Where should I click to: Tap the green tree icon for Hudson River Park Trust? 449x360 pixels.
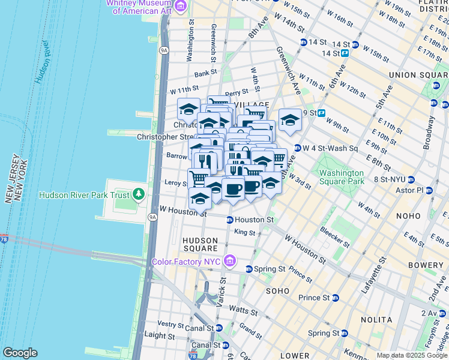[139, 194]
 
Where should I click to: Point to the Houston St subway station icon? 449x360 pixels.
[229, 220]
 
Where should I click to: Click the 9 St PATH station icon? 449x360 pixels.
[321, 113]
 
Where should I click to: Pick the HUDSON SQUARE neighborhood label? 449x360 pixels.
[199, 244]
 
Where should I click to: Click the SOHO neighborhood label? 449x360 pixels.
[278, 290]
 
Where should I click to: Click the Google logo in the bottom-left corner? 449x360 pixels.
[20, 353]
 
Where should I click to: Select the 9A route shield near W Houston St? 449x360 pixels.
[152, 217]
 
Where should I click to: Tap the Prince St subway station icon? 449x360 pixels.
[335, 298]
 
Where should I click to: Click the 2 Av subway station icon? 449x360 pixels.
[443, 313]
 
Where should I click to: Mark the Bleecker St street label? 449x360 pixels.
[334, 236]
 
